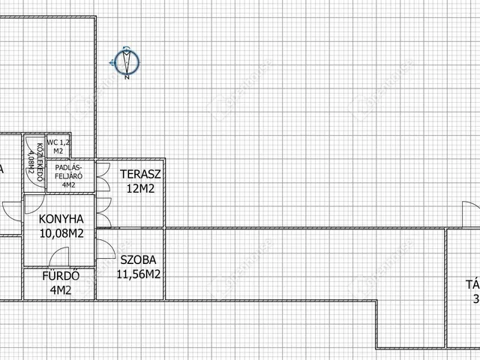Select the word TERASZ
pos(140,175)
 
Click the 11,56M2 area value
pos(139,274)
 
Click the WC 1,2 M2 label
pos(58,145)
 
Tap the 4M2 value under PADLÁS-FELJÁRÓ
pos(69,184)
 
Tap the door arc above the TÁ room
pos(468,213)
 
